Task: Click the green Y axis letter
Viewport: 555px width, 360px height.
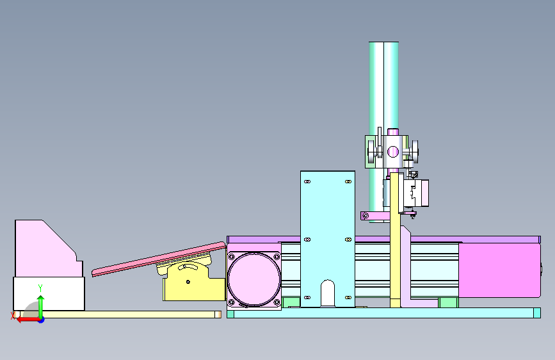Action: [40, 288]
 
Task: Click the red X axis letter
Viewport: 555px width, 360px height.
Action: [13, 316]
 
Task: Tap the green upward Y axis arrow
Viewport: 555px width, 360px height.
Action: [41, 307]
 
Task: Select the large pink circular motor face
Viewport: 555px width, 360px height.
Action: [253, 279]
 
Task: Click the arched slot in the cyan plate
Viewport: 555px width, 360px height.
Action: [327, 293]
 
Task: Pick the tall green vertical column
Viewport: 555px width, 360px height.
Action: [383, 132]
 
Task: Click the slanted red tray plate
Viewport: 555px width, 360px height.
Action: [159, 259]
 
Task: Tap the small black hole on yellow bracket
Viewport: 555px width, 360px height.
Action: [188, 282]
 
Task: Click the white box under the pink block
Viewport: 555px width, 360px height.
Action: [49, 293]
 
